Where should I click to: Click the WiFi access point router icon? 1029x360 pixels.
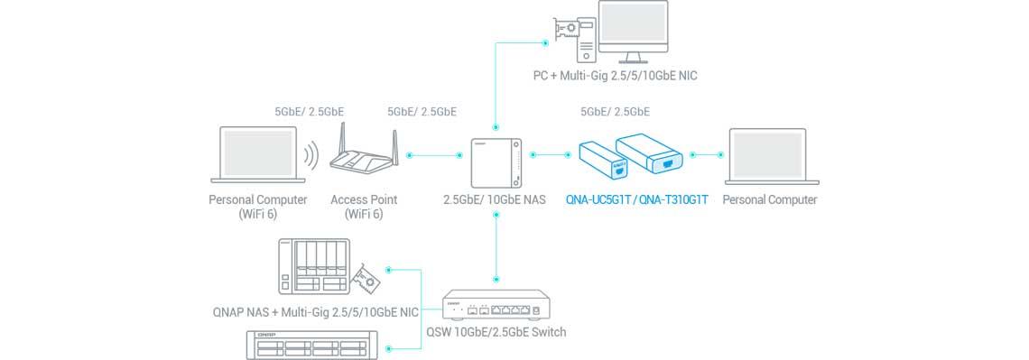364,153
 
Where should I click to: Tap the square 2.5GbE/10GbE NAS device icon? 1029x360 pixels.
496,162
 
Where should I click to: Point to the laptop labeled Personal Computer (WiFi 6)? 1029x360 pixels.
258,155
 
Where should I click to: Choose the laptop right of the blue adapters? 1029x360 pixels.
771,155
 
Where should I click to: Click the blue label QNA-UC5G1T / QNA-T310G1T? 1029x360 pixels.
636,199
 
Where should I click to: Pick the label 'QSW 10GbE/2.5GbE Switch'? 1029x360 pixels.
496,332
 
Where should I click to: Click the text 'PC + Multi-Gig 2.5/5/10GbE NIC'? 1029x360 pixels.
615,76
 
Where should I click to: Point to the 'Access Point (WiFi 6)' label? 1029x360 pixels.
364,207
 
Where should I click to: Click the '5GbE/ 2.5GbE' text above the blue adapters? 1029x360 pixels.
615,112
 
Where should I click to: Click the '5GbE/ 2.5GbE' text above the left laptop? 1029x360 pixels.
309,112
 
